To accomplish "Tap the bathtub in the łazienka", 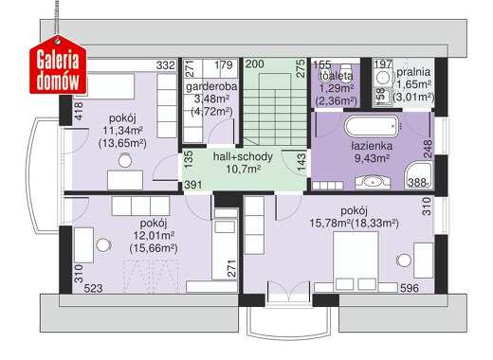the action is tap(373, 126).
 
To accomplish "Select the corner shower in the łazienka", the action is tap(419, 175).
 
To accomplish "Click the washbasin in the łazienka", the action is tap(373, 183).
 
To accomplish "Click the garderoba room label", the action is tap(211, 86).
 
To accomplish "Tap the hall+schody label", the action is tap(243, 156).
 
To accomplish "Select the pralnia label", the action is tap(413, 72).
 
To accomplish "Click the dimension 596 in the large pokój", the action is tap(410, 288).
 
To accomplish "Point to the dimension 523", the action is tap(93, 288).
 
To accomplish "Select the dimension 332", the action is tap(166, 65).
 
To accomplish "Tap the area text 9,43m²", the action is tap(372, 158).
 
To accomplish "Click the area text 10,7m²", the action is tap(243, 170).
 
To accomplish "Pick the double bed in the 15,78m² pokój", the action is tap(356, 261).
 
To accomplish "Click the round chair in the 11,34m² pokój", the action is tap(125, 161).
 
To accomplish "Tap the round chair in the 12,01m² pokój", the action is tap(103, 245).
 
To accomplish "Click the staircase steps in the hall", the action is tap(275, 110).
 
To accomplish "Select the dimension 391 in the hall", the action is tap(193, 185).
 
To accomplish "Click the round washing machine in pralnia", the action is tap(383, 78).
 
